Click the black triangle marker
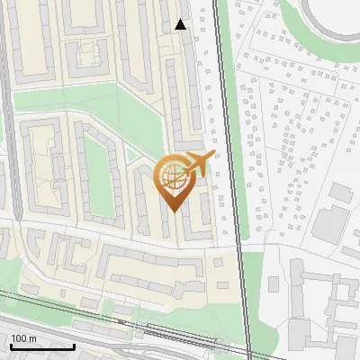pos(181,24)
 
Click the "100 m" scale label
pos(23,338)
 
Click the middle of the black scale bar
pos(42,346)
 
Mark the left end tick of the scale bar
pos(11,345)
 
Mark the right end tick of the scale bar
pos(74,345)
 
